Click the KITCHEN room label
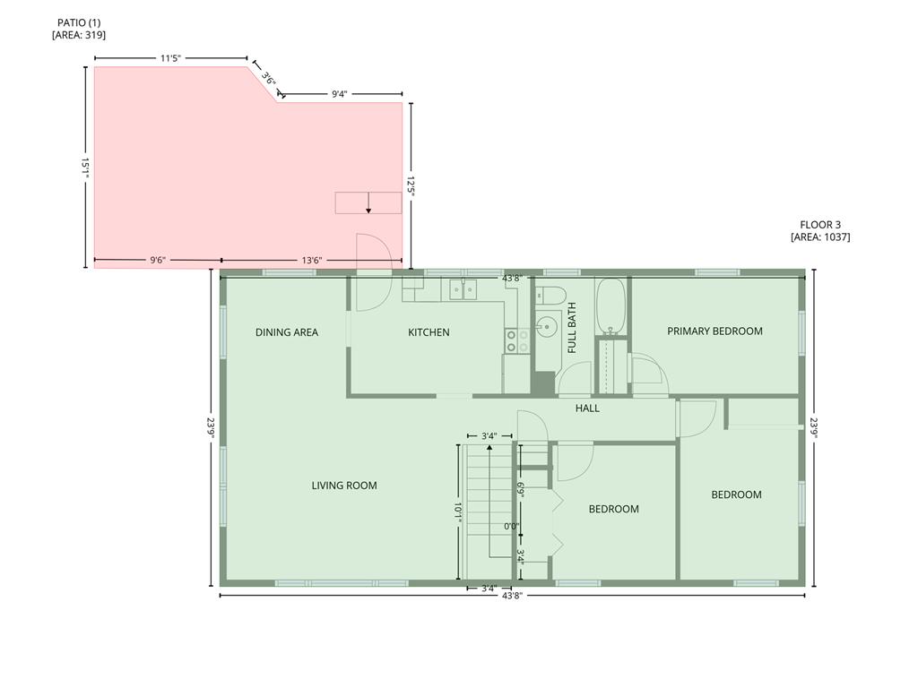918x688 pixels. click(x=429, y=332)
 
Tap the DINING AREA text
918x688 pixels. click(x=286, y=332)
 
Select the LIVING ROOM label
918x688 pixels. click(x=344, y=486)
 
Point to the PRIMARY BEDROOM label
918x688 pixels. click(x=714, y=331)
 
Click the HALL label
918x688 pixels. click(x=587, y=408)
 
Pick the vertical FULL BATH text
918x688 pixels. click(x=572, y=329)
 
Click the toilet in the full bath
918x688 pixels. click(x=548, y=295)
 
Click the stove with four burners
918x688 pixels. click(x=517, y=340)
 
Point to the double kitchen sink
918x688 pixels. click(x=463, y=288)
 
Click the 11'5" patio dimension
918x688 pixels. click(x=171, y=58)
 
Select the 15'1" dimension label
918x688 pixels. click(x=85, y=168)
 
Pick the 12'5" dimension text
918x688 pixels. click(x=411, y=185)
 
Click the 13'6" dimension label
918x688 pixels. click(x=311, y=261)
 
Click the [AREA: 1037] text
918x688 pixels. click(x=820, y=237)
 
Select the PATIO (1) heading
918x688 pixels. click(x=79, y=21)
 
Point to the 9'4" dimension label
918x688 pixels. click(x=340, y=93)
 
